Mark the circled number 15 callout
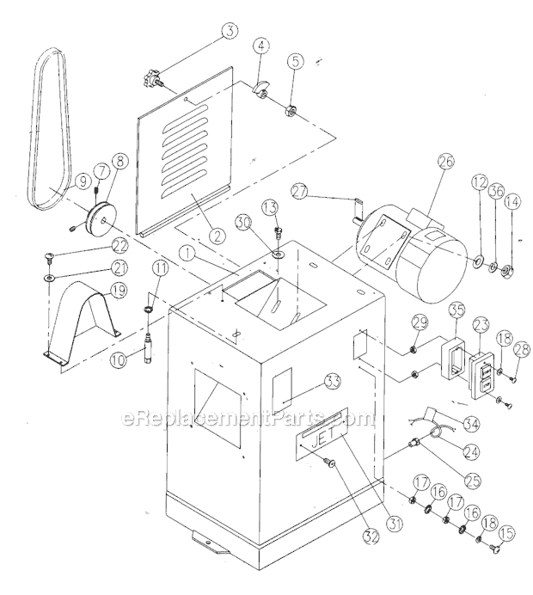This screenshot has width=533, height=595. tap(506, 534)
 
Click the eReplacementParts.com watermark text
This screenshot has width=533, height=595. tap(249, 420)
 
